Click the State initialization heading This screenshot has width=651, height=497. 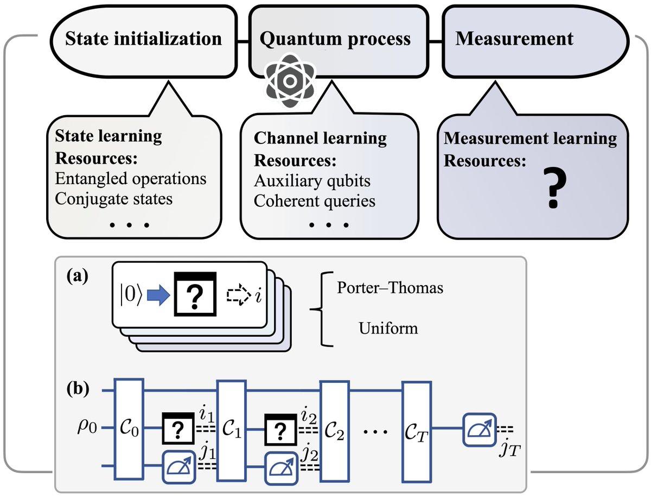(143, 39)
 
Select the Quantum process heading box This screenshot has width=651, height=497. (335, 39)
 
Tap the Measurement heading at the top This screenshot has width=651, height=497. (514, 39)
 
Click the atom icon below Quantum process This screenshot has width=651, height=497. (289, 81)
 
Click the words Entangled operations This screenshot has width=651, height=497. (131, 178)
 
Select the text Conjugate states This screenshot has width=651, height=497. (114, 198)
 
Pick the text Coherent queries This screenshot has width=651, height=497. (315, 201)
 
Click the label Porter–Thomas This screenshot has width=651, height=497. (390, 288)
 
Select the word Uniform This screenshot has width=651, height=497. (388, 328)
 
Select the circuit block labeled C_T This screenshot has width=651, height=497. (417, 429)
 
